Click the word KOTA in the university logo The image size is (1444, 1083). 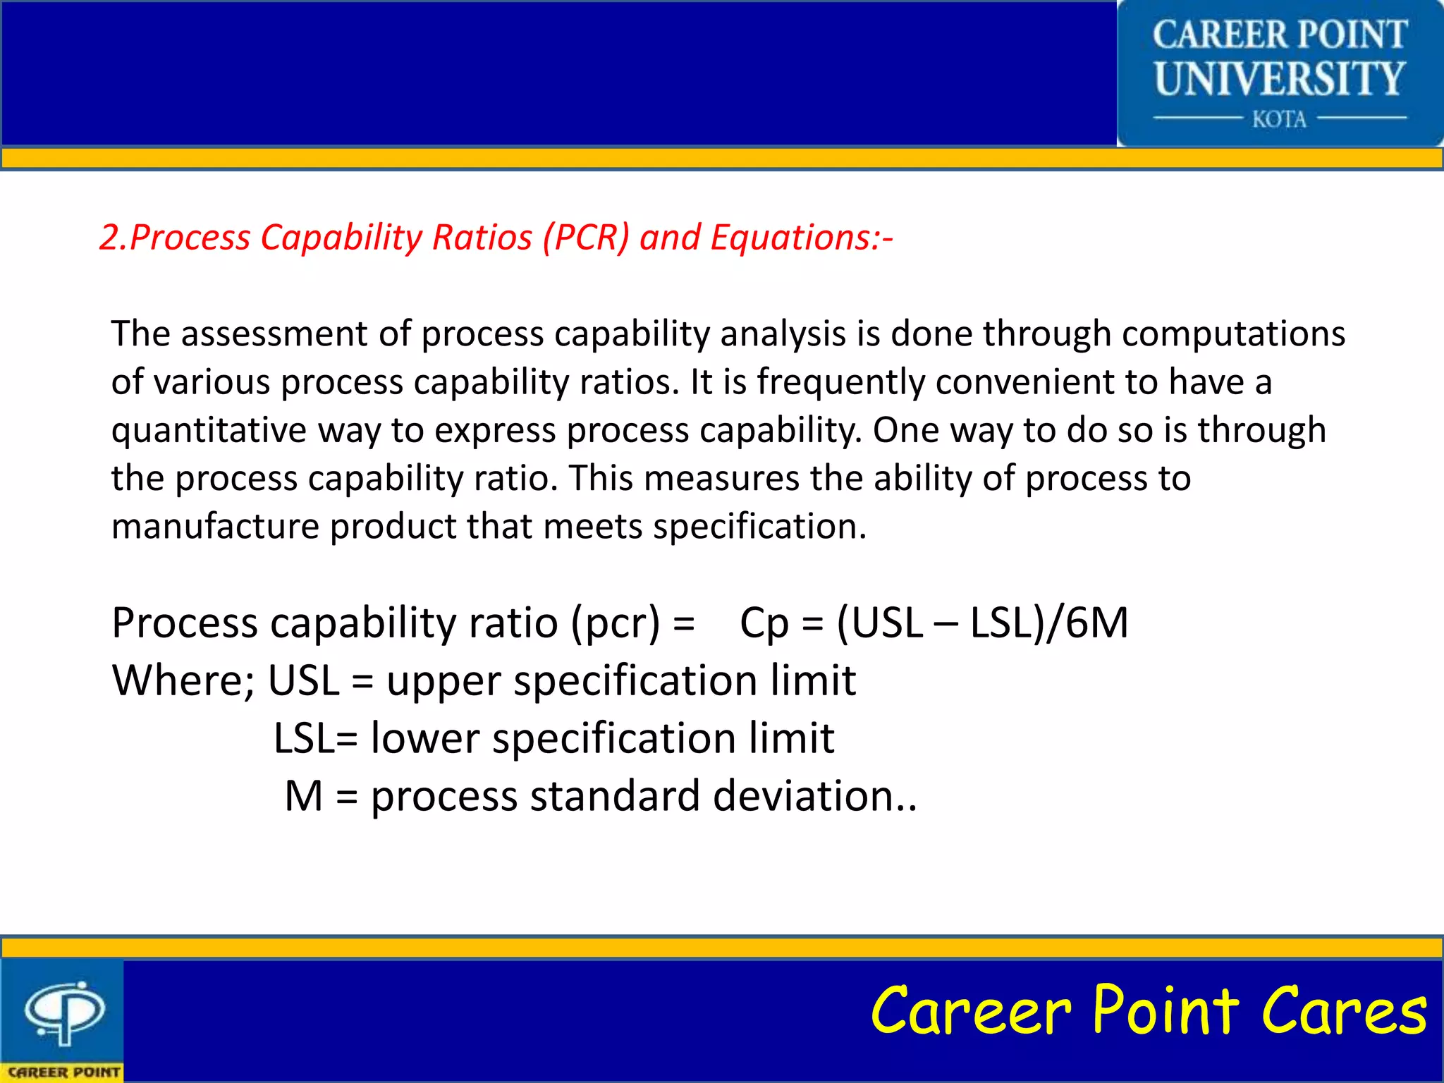1279,119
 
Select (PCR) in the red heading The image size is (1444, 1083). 585,238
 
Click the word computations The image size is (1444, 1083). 1233,334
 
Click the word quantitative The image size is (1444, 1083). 209,430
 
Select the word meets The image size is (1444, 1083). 593,527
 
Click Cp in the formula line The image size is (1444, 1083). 764,623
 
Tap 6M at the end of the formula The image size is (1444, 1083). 1096,623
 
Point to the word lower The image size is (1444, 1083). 425,738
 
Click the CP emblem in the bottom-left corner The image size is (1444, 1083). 64,1012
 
